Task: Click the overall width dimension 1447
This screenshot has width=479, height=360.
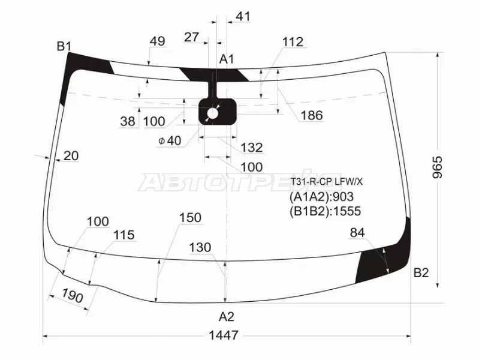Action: (224, 335)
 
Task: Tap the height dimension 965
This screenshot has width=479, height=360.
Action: (438, 167)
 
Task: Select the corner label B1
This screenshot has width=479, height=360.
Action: (64, 46)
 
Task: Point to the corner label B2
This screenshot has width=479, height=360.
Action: (421, 272)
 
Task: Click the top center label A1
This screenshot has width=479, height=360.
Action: (227, 59)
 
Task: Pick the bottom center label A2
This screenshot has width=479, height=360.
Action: (227, 317)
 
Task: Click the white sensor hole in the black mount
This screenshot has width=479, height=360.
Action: (213, 114)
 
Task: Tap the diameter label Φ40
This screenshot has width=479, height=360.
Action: (170, 140)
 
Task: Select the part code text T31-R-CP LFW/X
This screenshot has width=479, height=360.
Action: (326, 182)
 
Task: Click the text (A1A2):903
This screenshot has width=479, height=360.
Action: (321, 197)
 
